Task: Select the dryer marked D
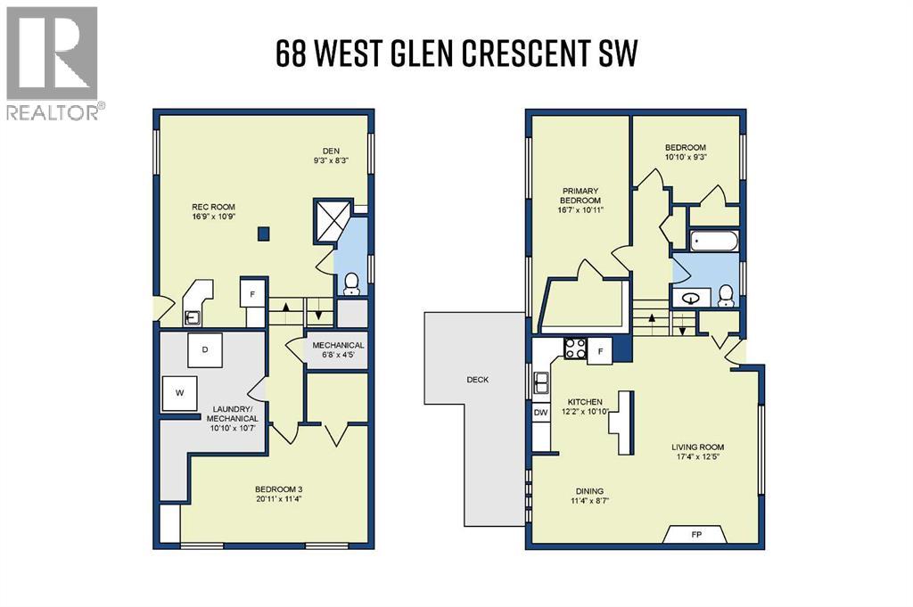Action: [205, 349]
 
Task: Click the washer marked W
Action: [180, 392]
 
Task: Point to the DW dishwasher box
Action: [540, 413]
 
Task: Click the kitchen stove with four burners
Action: [573, 349]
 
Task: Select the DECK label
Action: [478, 380]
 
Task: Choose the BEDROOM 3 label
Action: [281, 488]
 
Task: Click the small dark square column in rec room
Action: [262, 234]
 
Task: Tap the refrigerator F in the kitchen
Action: [600, 349]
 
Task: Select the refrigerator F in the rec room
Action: [252, 292]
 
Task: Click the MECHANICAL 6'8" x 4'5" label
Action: [337, 350]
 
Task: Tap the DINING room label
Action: [589, 491]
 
